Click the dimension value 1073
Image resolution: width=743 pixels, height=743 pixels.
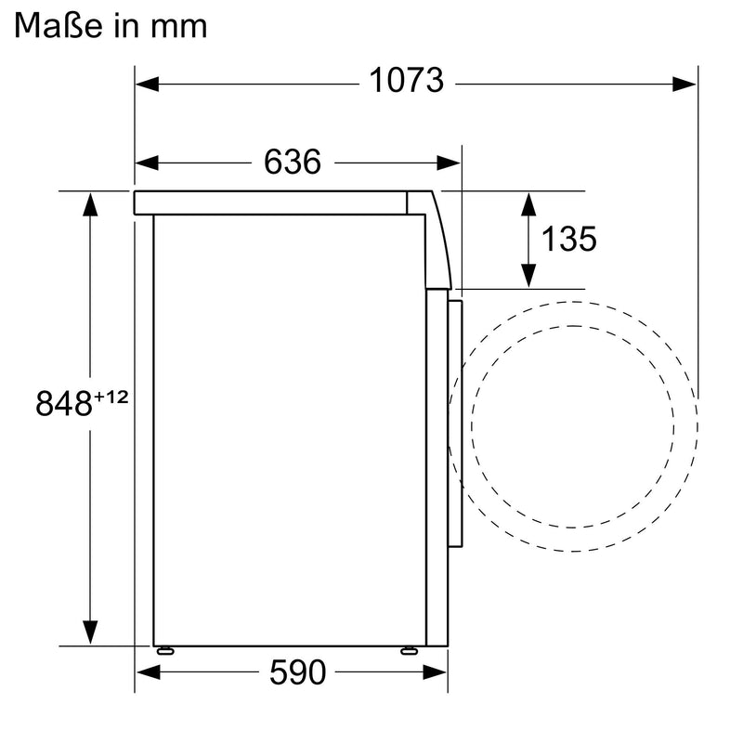(407, 80)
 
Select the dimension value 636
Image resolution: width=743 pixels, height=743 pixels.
(293, 162)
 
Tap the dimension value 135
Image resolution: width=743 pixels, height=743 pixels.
(568, 239)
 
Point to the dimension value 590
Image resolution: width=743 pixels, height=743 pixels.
(297, 671)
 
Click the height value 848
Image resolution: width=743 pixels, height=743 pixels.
(63, 403)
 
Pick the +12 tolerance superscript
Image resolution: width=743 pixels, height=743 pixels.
(111, 397)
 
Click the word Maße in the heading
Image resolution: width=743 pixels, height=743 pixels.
(59, 26)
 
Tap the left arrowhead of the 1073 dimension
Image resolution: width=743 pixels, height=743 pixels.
(147, 85)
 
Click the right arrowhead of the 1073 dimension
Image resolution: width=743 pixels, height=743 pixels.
(684, 85)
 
